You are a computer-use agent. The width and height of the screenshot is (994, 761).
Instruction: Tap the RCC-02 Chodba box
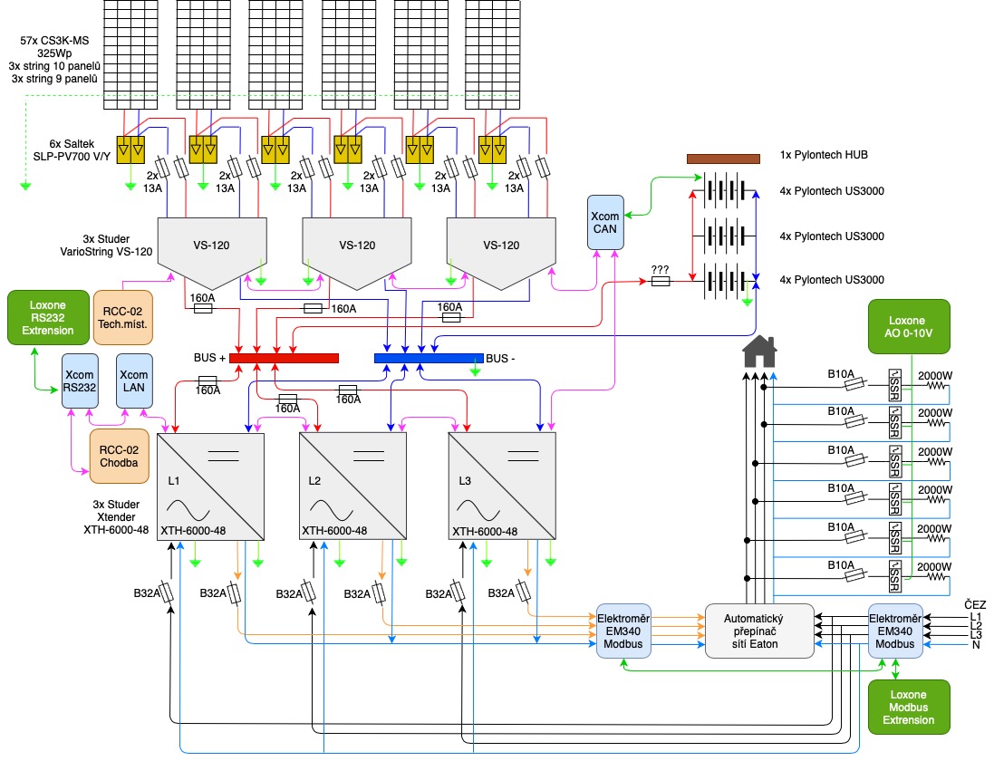point(119,456)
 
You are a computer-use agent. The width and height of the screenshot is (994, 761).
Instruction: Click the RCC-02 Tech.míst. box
point(121,317)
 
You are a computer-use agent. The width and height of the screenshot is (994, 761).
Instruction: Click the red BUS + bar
point(284,358)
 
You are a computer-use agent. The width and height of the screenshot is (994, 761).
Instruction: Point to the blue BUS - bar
point(429,358)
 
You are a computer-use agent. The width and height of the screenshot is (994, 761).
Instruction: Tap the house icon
point(758,351)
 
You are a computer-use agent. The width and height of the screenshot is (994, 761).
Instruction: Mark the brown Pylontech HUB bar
point(723,159)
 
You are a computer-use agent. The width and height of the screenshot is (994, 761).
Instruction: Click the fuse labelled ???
point(661,282)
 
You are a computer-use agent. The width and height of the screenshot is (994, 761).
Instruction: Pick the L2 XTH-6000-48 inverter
point(352,486)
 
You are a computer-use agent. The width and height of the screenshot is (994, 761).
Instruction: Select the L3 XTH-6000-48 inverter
point(502,486)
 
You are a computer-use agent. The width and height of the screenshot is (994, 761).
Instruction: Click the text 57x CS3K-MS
point(61,40)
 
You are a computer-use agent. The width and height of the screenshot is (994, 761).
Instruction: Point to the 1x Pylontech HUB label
point(823,155)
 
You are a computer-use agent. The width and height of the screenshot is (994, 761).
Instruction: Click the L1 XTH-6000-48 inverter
point(211,486)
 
